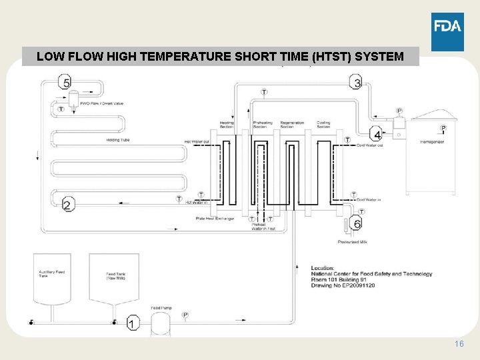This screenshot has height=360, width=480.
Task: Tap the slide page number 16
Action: [458, 343]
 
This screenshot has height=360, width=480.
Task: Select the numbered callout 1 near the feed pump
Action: [133, 324]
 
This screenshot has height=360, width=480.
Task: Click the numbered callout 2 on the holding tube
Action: [68, 205]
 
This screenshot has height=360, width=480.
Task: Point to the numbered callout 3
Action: [357, 83]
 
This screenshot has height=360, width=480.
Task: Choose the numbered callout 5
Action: [65, 83]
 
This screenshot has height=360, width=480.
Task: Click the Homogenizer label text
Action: [433, 142]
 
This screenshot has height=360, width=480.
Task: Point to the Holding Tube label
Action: [117, 140]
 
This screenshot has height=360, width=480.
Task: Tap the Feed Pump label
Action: [160, 307]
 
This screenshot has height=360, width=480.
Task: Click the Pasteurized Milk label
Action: [353, 242]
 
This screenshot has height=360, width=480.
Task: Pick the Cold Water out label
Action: [369, 145]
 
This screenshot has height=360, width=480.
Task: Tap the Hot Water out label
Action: [197, 141]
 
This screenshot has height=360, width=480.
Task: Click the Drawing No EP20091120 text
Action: [343, 285]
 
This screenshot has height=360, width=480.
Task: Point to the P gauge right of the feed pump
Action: [185, 315]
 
